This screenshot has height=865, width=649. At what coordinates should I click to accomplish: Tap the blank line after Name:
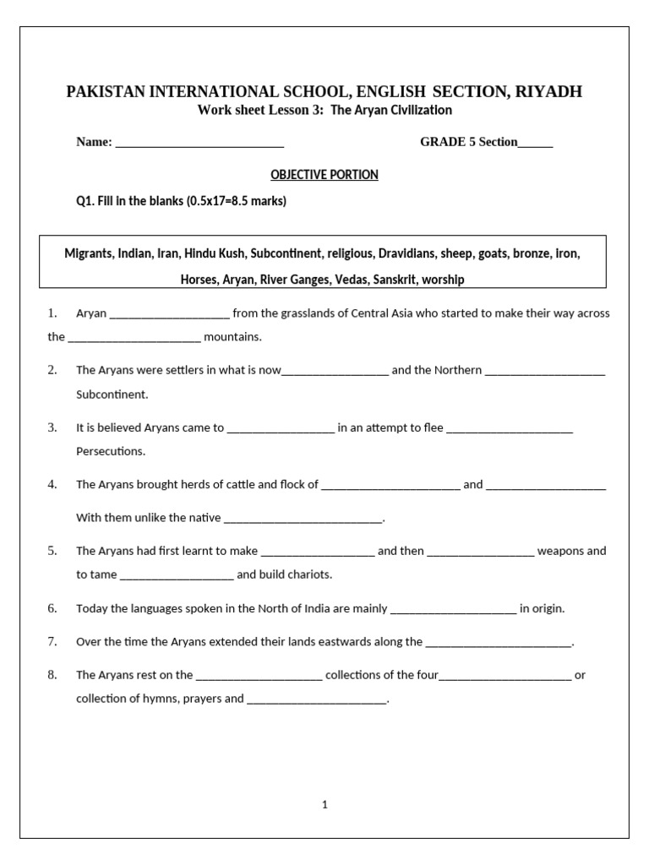point(199,143)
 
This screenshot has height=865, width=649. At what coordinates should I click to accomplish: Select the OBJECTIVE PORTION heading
point(324,175)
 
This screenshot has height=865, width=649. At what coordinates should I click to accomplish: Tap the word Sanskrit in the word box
point(395,279)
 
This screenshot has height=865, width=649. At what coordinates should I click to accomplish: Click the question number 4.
point(52,484)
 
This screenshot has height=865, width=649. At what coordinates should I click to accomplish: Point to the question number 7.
point(52,641)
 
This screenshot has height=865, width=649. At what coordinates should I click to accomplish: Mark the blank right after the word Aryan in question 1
point(169,314)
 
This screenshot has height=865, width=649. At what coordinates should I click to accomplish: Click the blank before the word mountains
point(134,338)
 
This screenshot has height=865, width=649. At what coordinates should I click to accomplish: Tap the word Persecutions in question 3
point(111,451)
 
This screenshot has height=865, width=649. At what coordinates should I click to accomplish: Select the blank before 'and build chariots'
point(177,575)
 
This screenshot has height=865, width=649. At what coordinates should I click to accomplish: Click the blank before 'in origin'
point(453,609)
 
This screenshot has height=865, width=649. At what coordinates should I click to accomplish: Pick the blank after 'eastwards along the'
point(499,643)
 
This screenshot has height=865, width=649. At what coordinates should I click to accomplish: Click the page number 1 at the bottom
point(324,805)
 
